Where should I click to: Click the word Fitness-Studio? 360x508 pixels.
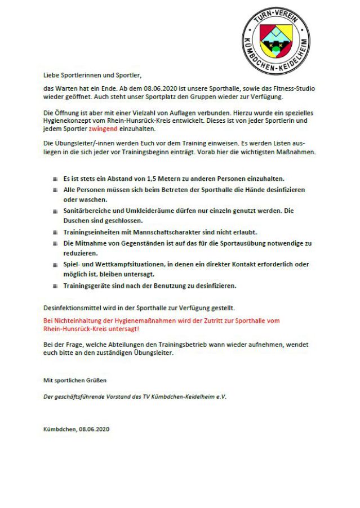tap(294, 88)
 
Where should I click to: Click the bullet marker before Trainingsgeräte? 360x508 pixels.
tap(56, 286)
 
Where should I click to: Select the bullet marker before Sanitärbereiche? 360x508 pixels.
tap(56, 211)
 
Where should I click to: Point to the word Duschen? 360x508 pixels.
tap(77, 221)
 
